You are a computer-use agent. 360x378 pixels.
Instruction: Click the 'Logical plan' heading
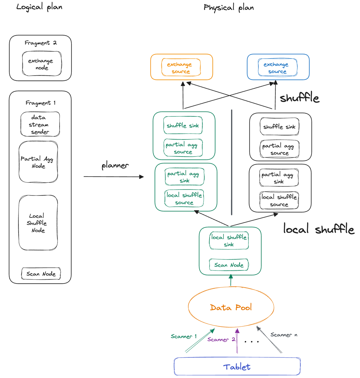pos(39,7)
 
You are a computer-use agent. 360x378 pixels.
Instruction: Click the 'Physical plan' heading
pos(229,7)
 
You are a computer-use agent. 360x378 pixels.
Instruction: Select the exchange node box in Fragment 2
pos(42,64)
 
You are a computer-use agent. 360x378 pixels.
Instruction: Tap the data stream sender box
pos(40,124)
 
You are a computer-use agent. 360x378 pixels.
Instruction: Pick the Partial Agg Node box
pos(38,162)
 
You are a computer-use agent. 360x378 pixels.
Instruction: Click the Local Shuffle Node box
pos(38,223)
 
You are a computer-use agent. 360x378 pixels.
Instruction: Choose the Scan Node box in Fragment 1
pos(41,274)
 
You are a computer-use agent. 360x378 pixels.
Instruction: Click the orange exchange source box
pos(181,68)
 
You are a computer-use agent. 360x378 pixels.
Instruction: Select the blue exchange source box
pos(277,68)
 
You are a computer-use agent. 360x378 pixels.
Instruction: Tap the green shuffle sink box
pos(183,126)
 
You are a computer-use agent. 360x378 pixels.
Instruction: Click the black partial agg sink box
pos(279,178)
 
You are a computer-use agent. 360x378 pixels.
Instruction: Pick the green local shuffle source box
pos(184,198)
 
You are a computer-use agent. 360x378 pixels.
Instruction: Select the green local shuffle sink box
pos(229,241)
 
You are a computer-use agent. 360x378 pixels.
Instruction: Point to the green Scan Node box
pos(229,265)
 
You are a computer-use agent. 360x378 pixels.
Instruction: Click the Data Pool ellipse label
pos(231,307)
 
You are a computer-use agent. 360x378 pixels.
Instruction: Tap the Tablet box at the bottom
pos(237,367)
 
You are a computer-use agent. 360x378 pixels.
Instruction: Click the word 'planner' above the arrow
pos(115,165)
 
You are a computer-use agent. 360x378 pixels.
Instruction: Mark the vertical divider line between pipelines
pos(232,162)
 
